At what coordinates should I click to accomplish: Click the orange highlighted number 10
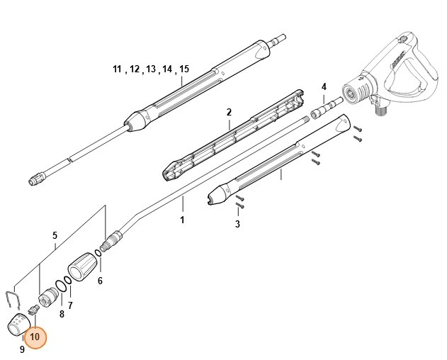(x=34, y=337)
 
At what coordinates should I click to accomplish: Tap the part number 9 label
(x=22, y=349)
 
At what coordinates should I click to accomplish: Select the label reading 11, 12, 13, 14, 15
(x=151, y=69)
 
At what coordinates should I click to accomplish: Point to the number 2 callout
(x=229, y=113)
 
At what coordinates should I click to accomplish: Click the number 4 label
(x=324, y=86)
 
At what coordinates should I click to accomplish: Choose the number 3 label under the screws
(x=237, y=224)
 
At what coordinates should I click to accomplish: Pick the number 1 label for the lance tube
(x=182, y=220)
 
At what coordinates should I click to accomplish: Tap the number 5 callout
(x=55, y=235)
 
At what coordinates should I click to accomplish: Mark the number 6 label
(x=100, y=281)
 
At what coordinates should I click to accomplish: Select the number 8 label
(x=61, y=313)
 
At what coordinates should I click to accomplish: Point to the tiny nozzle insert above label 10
(x=33, y=310)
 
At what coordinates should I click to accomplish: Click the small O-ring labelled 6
(x=97, y=266)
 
